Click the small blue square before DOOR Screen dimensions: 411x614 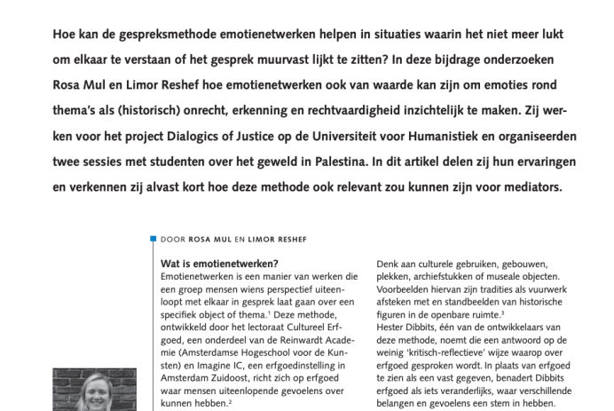153,239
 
